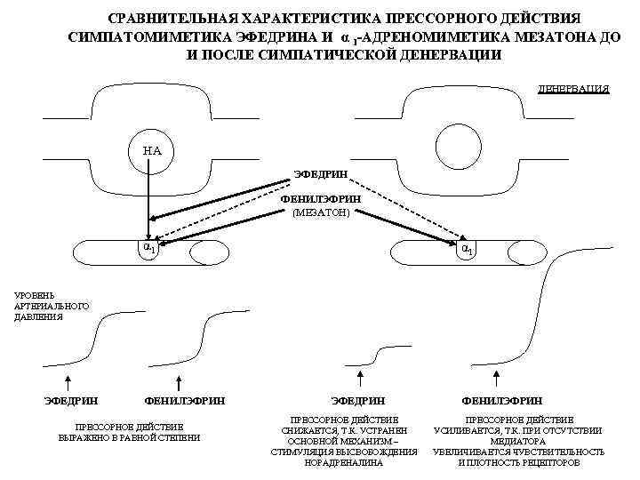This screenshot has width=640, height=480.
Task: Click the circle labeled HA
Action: [152, 149]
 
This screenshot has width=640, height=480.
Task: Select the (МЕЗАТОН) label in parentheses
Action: [321, 212]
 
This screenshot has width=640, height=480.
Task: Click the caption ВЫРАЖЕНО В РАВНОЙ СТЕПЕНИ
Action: [129, 436]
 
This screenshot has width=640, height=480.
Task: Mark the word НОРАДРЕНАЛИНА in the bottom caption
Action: [343, 463]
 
